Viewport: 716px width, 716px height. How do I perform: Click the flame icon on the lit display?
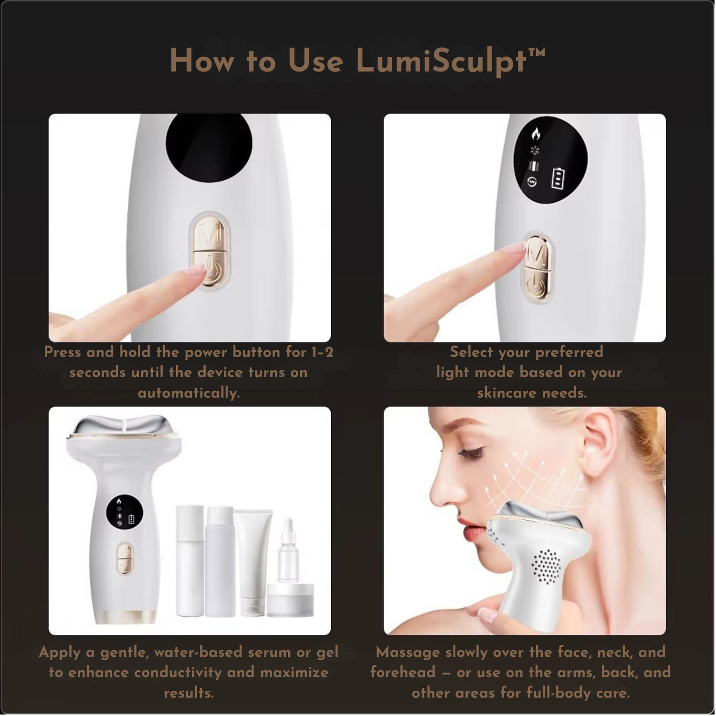(536, 134)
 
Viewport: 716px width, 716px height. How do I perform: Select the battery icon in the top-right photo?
(558, 178)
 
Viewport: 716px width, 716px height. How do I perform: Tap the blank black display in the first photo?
(209, 146)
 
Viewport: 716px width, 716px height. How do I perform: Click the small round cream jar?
(290, 600)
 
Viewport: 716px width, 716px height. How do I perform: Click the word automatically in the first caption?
(189, 393)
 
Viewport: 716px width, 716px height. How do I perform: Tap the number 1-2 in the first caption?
(322, 352)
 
